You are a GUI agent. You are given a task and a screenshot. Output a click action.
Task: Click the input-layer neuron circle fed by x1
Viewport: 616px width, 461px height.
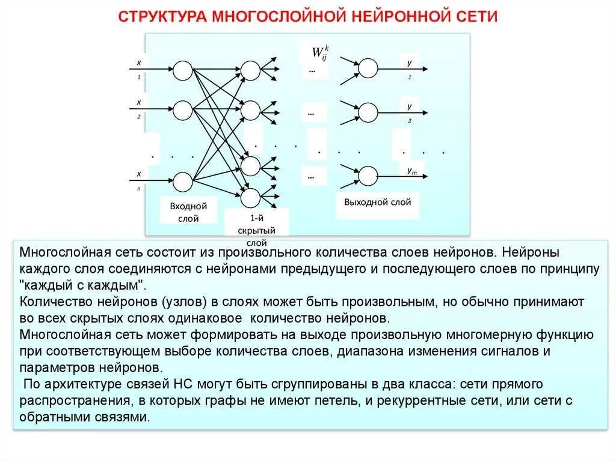click(183, 70)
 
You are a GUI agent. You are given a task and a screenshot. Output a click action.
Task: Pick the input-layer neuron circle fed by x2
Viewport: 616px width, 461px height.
click(183, 109)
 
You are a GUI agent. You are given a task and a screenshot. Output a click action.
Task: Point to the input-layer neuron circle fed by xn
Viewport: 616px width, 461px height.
click(183, 181)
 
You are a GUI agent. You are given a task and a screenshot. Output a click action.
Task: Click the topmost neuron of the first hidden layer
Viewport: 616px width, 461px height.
click(250, 70)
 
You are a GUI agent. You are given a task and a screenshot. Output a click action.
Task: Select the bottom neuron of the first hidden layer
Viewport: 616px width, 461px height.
click(250, 197)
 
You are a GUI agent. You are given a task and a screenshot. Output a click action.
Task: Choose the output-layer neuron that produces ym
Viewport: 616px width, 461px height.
click(368, 176)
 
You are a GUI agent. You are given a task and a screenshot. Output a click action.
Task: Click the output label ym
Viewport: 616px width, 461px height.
click(412, 171)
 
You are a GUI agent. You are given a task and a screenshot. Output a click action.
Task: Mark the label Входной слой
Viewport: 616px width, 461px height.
click(188, 212)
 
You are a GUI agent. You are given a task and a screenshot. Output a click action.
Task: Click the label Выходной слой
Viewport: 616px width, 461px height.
click(377, 202)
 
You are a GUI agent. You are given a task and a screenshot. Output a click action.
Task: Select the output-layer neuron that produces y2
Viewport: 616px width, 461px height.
click(368, 112)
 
